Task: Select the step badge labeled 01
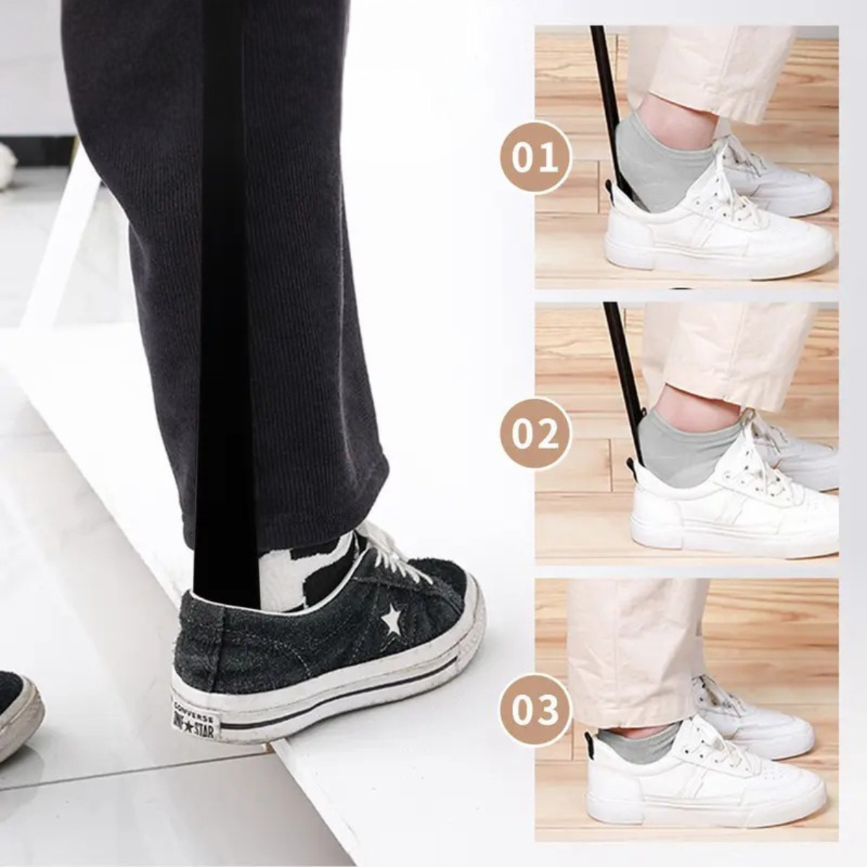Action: (x=535, y=158)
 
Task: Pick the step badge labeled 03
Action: (x=535, y=711)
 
